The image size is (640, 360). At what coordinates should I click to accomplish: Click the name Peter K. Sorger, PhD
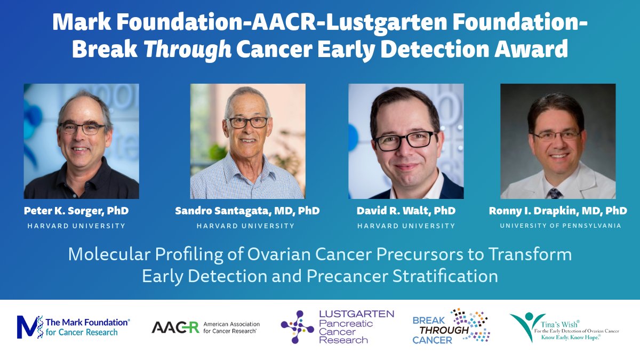76,211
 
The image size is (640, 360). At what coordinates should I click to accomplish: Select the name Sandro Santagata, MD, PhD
247,211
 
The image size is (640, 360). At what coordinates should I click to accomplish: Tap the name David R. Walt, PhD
406,211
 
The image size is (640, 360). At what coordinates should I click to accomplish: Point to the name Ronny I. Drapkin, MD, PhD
558,211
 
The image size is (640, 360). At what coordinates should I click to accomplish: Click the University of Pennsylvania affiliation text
561,226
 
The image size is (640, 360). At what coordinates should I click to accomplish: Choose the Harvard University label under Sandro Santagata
245,226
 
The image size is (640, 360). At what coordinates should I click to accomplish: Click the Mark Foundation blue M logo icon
30,327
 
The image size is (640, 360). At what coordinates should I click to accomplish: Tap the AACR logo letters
175,327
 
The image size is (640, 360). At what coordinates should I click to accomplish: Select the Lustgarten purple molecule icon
297,327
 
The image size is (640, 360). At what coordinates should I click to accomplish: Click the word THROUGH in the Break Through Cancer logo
444,330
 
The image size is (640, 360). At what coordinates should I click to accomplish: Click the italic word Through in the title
188,49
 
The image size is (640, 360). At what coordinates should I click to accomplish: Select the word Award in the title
531,49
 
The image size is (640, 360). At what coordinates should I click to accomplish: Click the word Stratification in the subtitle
445,276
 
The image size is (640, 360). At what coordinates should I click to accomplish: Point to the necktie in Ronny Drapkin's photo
555,194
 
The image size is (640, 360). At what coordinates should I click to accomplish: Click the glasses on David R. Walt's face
405,141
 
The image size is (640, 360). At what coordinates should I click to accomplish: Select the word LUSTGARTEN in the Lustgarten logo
357,314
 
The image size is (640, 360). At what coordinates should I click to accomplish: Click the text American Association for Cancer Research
231,327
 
